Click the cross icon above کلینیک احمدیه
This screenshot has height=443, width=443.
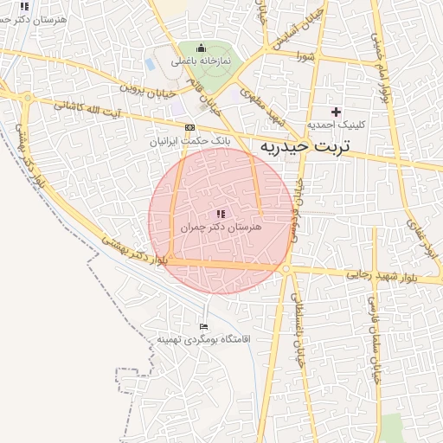337,112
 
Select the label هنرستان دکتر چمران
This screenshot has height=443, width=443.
221,226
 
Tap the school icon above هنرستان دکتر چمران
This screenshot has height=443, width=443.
221,213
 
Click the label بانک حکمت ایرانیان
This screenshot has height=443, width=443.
189,139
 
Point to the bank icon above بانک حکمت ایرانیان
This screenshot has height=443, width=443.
190,127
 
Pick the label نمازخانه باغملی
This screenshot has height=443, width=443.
201,61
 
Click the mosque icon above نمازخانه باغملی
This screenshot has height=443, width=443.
202,48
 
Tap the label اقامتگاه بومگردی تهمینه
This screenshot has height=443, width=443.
202,339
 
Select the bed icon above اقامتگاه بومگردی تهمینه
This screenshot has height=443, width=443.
203,326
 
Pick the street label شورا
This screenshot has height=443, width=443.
304,57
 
